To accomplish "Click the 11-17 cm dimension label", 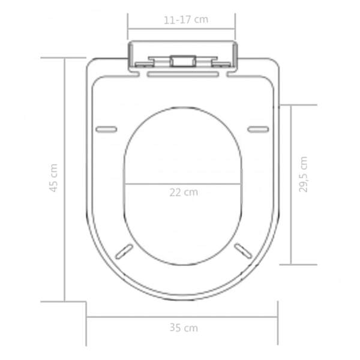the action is pyautogui.click(x=186, y=20).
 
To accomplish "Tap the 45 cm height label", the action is pyautogui.click(x=53, y=178).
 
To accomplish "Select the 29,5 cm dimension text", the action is pyautogui.click(x=303, y=175).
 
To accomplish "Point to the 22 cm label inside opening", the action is pyautogui.click(x=184, y=192).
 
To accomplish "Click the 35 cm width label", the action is pyautogui.click(x=184, y=328).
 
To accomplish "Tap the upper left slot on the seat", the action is pyautogui.click(x=106, y=130).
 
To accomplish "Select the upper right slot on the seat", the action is pyautogui.click(x=258, y=130).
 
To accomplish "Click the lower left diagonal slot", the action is pyautogui.click(x=124, y=251).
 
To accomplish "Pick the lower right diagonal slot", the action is pyautogui.click(x=243, y=251).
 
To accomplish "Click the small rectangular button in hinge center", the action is pyautogui.click(x=183, y=61).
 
